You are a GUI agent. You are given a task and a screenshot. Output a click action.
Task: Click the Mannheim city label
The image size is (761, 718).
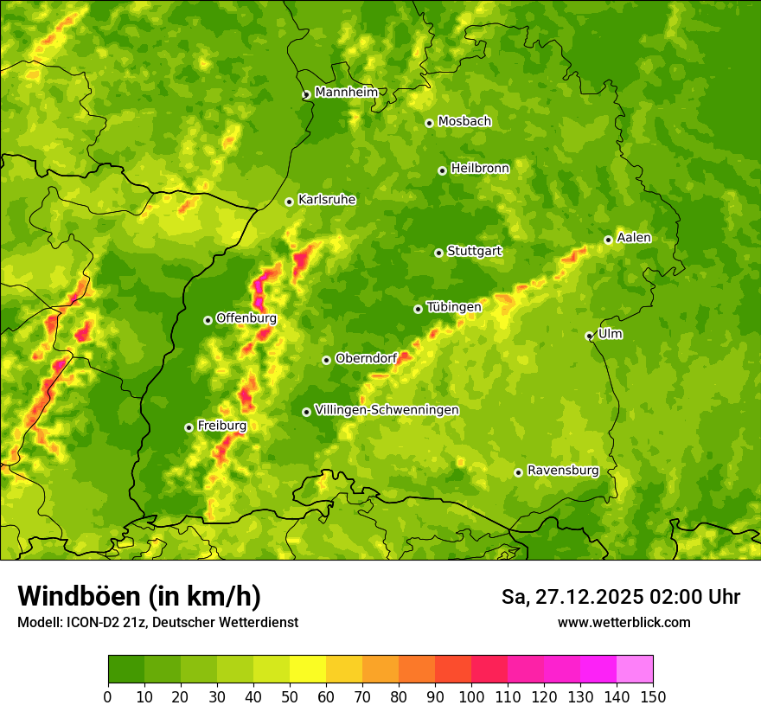pyautogui.click(x=346, y=92)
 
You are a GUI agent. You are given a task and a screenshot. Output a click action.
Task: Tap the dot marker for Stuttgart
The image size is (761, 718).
pyautogui.click(x=438, y=253)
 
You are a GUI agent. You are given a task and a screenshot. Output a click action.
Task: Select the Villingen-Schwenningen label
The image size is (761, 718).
pyautogui.click(x=387, y=410)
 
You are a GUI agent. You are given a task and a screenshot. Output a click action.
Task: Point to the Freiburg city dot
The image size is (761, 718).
pyautogui.click(x=189, y=427)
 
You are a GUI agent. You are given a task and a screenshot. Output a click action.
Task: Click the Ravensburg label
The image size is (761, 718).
pyautogui.click(x=563, y=471)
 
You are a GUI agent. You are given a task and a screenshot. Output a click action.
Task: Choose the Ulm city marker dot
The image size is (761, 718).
pyautogui.click(x=589, y=336)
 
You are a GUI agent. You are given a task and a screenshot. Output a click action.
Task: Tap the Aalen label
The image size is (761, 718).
pyautogui.click(x=634, y=238)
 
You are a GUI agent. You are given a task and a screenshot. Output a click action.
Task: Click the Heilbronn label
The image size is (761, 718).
pyautogui.click(x=480, y=169)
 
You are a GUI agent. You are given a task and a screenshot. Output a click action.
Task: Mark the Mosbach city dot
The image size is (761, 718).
pyautogui.click(x=429, y=123)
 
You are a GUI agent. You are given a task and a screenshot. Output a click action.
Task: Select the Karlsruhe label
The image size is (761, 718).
pyautogui.click(x=327, y=200)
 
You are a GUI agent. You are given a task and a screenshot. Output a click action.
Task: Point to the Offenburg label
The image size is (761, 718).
pyautogui.click(x=246, y=318)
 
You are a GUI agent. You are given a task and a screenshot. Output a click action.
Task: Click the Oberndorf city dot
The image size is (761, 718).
pyautogui.click(x=326, y=360)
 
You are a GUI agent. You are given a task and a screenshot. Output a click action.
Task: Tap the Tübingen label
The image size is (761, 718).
pyautogui.click(x=454, y=307)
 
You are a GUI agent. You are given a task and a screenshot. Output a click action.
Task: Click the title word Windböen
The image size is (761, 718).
pyautogui.click(x=79, y=596)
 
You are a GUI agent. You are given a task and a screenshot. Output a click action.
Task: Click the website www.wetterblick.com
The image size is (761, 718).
pyautogui.click(x=624, y=622)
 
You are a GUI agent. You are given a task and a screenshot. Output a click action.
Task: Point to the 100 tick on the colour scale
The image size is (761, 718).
pyautogui.click(x=471, y=696)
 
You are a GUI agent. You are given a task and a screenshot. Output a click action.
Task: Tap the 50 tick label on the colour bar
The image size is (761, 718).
pyautogui.click(x=290, y=696)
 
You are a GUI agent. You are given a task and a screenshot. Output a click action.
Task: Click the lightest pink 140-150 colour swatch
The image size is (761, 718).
pyautogui.click(x=635, y=670)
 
